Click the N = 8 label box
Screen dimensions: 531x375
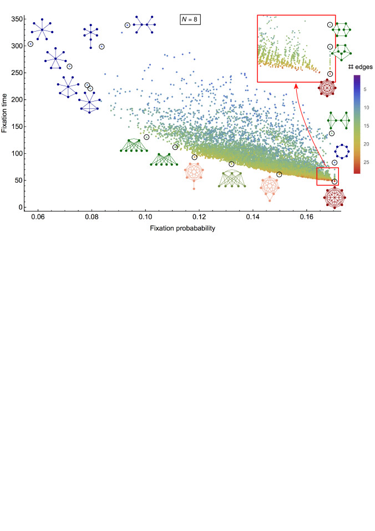coord(191,19)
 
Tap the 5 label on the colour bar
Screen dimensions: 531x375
coord(368,89)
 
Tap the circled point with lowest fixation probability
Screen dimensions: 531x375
coord(31,44)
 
